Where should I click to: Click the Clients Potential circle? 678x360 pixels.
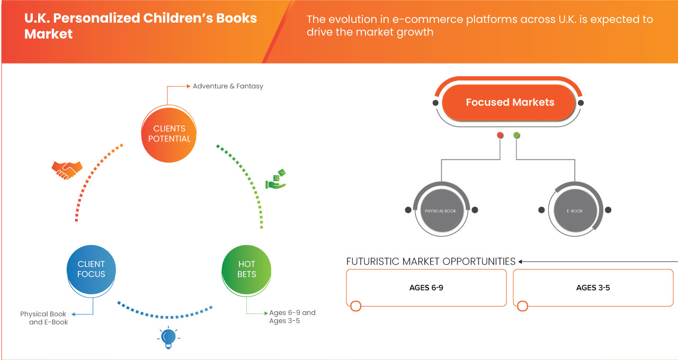tap(169, 133)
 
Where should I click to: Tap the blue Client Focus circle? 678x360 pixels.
tap(91, 269)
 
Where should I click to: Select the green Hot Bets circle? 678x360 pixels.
tap(246, 269)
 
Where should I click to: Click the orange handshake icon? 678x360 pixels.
tap(67, 169)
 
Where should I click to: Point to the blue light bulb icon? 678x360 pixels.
tap(168, 337)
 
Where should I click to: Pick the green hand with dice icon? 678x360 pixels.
tap(275, 179)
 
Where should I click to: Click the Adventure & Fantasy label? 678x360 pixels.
tap(228, 86)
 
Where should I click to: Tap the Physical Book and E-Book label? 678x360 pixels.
tap(44, 318)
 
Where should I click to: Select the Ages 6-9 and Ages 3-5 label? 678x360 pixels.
tap(292, 317)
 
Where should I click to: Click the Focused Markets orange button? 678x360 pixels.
tap(510, 103)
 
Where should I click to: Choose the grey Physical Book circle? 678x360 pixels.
tap(441, 211)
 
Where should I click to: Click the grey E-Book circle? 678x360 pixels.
tap(575, 211)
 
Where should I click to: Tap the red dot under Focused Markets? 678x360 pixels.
tap(500, 136)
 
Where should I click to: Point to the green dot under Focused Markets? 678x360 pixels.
tap(516, 136)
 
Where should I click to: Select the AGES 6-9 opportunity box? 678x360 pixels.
tap(426, 287)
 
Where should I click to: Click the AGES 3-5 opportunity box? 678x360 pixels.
tap(593, 287)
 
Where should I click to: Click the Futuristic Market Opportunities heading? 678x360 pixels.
tap(431, 262)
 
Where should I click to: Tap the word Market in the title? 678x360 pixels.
tap(49, 34)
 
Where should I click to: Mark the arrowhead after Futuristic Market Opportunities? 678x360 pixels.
tap(520, 262)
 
